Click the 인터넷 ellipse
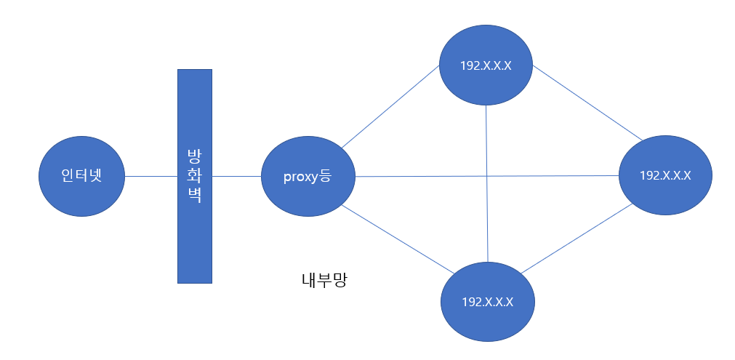[81, 175]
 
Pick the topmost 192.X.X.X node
[486, 65]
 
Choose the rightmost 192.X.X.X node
[664, 175]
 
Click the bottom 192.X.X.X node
[487, 301]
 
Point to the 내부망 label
[324, 280]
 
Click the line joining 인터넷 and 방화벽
[151, 175]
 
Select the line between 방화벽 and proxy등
[236, 175]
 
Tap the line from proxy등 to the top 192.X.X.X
[390, 108]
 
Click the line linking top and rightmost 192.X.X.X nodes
[586, 103]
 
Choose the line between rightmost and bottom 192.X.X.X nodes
[576, 240]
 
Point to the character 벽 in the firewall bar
[194, 196]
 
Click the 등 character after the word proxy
[324, 175]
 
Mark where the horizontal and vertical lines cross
[486, 176]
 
